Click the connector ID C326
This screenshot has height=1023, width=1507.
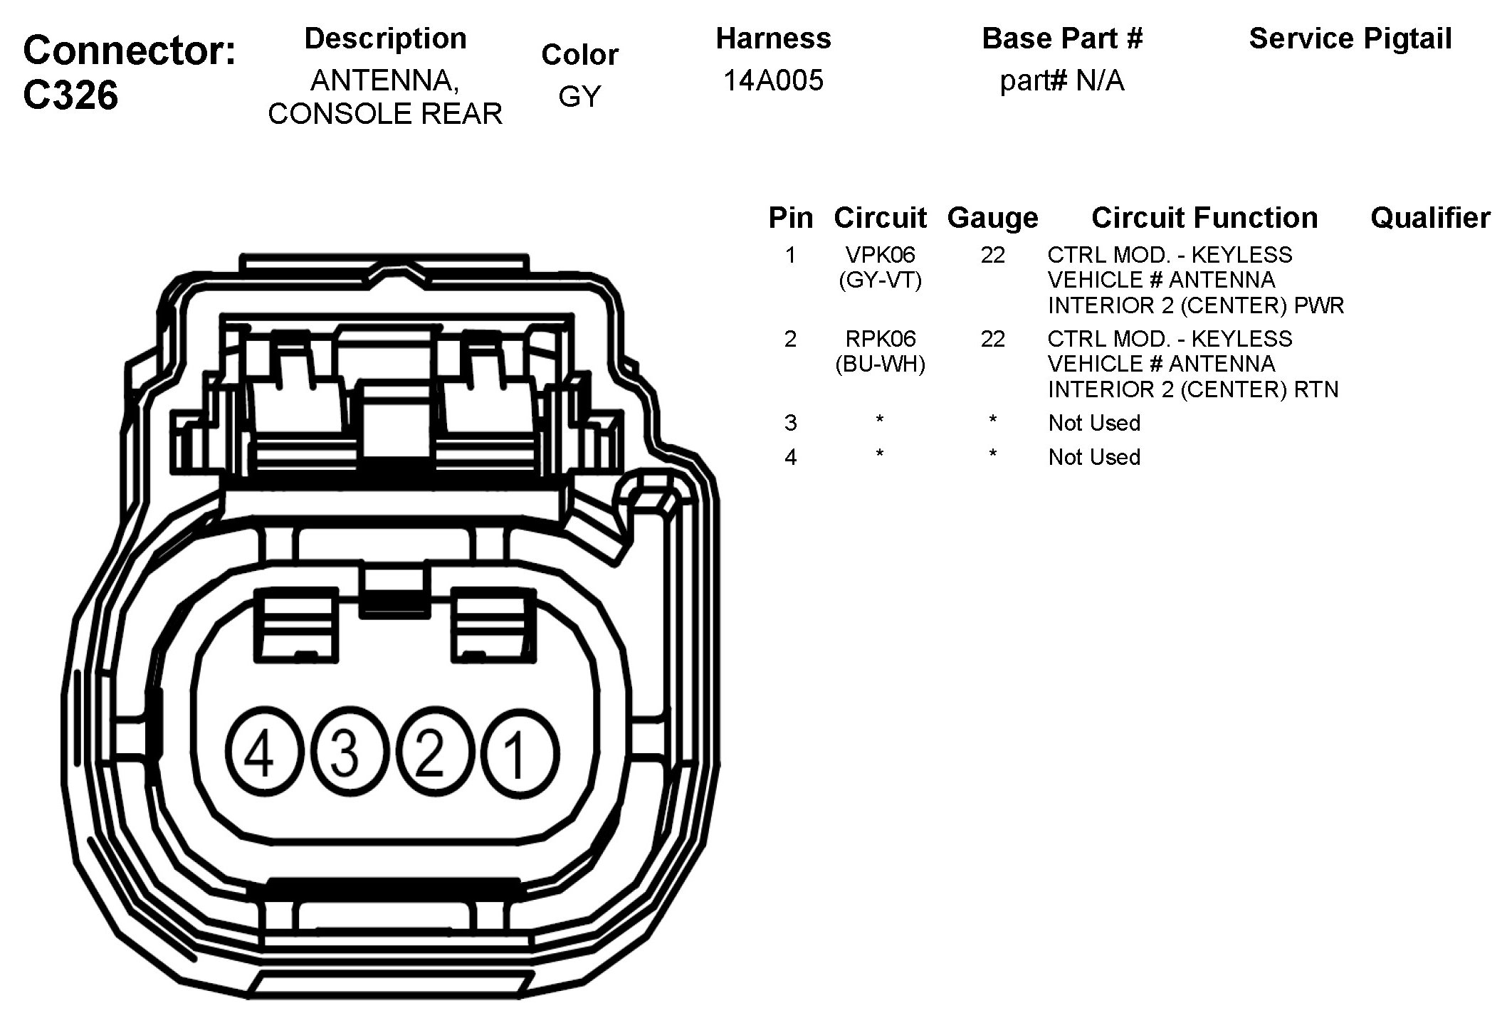(70, 95)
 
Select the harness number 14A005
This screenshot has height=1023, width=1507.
(773, 80)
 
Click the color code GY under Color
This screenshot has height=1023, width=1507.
(579, 96)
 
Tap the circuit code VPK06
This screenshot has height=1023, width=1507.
(880, 255)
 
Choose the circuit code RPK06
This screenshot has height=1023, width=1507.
(880, 339)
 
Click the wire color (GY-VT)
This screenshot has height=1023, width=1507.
(880, 280)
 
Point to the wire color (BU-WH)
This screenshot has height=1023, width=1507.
(880, 364)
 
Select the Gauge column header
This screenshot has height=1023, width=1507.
(992, 218)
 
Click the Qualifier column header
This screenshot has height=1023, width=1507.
(1429, 218)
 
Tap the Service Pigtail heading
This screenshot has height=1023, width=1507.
(1350, 38)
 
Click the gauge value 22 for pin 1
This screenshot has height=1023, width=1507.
(992, 255)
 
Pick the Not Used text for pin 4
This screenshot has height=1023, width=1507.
(1094, 457)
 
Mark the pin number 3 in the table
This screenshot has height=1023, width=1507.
(790, 423)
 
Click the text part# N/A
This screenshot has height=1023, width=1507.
(1061, 81)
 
